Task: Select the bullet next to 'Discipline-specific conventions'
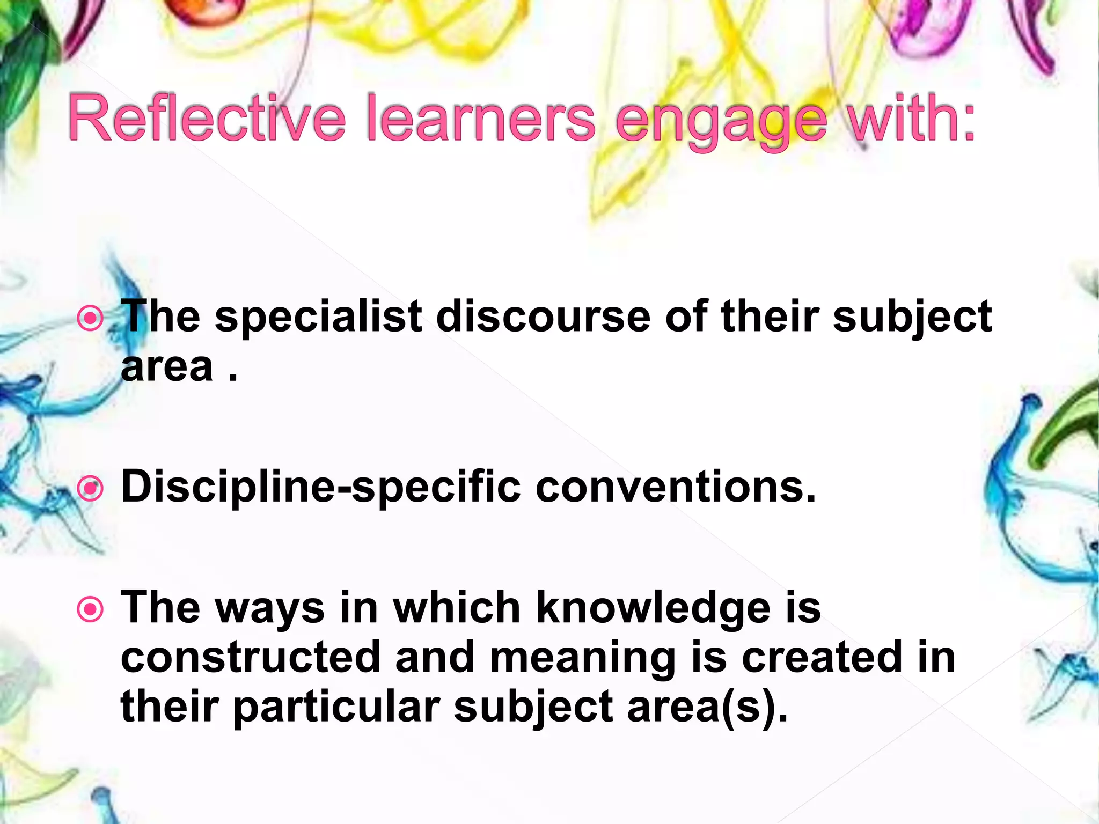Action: click(90, 488)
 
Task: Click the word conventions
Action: click(676, 487)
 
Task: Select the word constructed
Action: click(251, 658)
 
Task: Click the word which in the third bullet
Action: click(457, 608)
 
